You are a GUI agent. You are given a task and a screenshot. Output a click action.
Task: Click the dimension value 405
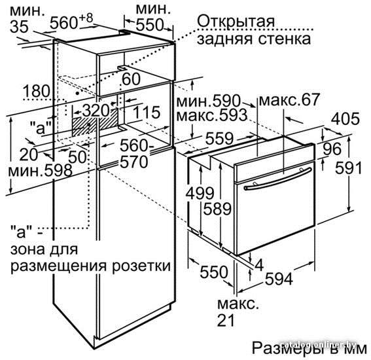345,119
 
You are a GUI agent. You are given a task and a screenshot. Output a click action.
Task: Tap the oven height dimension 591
349,168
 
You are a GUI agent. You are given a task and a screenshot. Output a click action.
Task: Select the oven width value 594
279,279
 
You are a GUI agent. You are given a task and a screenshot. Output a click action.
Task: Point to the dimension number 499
200,193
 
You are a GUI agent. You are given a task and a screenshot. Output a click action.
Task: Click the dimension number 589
217,209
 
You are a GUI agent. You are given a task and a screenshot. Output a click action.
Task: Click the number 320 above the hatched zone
96,111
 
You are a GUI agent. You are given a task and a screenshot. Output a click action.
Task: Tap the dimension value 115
147,112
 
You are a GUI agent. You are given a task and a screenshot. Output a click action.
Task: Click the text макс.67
290,99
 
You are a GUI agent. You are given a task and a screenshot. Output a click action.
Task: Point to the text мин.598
40,170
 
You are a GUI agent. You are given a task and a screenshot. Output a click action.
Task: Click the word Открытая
236,22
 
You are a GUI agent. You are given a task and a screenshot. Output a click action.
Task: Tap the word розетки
141,266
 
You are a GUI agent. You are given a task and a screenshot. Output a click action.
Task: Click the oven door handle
278,178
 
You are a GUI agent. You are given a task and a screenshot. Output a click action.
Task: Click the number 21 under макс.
226,320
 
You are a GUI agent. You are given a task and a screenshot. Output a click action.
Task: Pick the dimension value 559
219,139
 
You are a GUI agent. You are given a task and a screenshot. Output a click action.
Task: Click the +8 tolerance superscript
86,18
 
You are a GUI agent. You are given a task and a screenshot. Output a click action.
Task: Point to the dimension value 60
131,79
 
